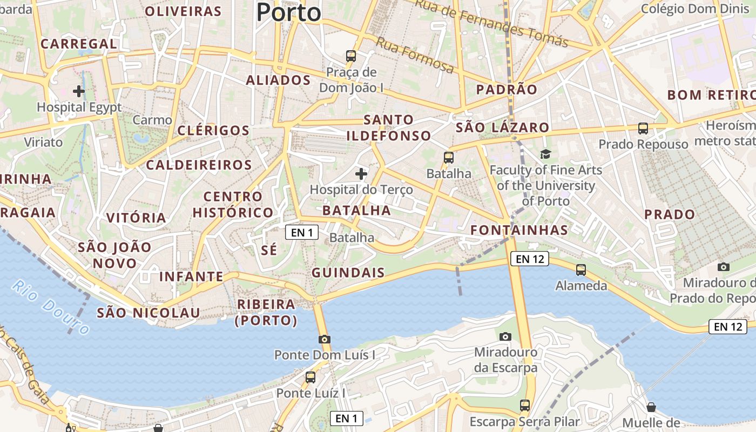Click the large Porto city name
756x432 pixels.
click(288, 12)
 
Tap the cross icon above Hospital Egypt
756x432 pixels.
click(79, 91)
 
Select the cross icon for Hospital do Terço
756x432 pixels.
click(361, 174)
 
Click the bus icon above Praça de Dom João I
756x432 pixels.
click(351, 56)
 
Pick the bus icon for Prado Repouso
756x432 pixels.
click(643, 129)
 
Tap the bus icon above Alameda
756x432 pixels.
click(581, 269)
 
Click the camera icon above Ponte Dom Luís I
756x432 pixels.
click(324, 339)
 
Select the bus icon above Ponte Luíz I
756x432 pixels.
click(310, 377)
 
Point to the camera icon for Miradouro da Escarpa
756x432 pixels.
click(505, 336)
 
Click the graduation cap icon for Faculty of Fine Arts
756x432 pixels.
click(545, 154)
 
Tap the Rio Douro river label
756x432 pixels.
click(51, 307)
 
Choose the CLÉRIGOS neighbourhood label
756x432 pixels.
click(213, 131)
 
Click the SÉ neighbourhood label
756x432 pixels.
click(268, 250)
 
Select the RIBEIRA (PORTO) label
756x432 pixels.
click(266, 312)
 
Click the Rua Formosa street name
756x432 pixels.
click(415, 55)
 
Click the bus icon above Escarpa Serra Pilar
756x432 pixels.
click(524, 405)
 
